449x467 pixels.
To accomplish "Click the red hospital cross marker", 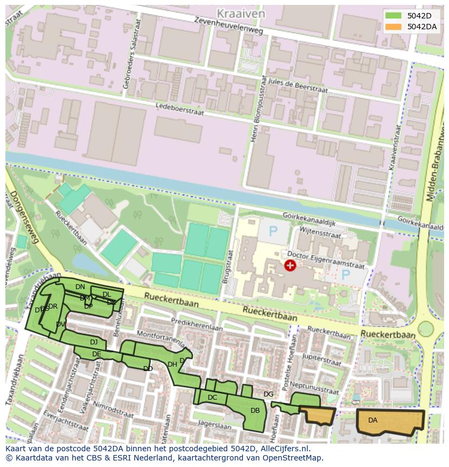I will [x=290, y=265].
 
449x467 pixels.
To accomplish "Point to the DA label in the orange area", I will [x=373, y=420].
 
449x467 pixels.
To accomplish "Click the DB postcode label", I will [x=255, y=411].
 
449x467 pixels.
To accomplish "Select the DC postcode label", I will [x=212, y=398].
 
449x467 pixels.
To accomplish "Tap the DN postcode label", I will [x=80, y=286].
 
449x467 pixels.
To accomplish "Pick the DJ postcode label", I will [x=94, y=342].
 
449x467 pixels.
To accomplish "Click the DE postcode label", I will [x=97, y=354].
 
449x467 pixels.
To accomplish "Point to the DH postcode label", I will [x=172, y=364].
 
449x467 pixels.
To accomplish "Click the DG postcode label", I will [x=268, y=394].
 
